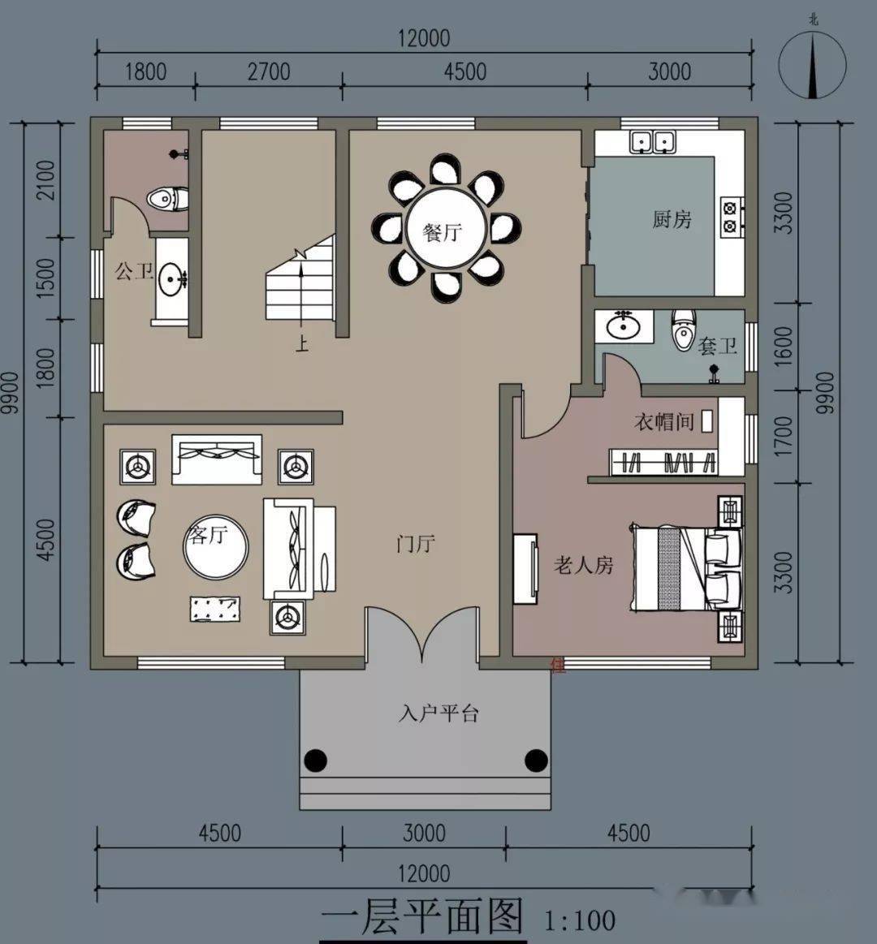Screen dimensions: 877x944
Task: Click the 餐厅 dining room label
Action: tap(442, 232)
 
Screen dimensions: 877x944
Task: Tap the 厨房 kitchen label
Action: tap(672, 218)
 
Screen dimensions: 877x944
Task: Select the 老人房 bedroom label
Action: tap(583, 565)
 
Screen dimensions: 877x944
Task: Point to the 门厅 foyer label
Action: tap(416, 544)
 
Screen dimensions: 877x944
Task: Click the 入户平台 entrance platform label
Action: tap(438, 713)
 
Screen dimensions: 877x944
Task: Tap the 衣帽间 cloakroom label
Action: tap(663, 421)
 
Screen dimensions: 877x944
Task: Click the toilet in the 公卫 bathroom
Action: tap(168, 199)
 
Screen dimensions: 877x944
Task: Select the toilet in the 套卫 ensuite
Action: tap(684, 330)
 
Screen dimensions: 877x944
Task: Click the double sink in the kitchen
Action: tap(652, 142)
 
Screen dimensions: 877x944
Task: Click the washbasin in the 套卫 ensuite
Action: tap(624, 327)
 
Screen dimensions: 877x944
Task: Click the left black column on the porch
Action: tap(315, 761)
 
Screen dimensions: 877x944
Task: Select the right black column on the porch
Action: tap(535, 761)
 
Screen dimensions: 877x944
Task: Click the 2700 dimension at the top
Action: tap(269, 72)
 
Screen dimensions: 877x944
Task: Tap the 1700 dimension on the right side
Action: tap(783, 437)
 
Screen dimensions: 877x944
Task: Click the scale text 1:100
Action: tap(580, 920)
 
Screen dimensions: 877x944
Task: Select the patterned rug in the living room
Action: tap(216, 609)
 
